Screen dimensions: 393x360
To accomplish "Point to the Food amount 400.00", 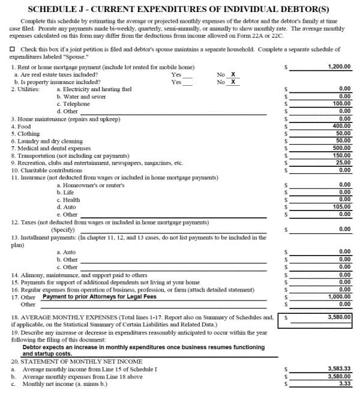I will coord(342,126).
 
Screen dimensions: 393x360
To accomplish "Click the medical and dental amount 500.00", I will coord(342,148).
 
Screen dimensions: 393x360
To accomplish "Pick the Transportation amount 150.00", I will coord(342,155).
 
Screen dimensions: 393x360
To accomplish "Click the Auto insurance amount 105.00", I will coord(342,206).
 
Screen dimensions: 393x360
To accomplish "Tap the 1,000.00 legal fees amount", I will coord(340,296).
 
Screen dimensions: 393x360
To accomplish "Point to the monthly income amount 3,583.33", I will coord(340,368).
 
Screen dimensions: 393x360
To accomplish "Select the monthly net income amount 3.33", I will coord(345,383).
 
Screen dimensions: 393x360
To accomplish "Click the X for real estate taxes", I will coord(233,74).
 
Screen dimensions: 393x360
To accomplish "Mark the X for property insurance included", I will coord(233,82).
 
